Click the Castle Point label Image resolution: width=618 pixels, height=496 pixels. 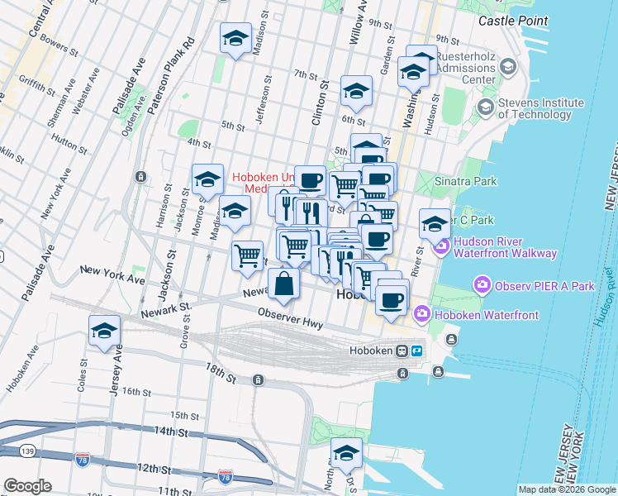[508, 19]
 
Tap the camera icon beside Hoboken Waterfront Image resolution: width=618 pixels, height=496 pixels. [422, 314]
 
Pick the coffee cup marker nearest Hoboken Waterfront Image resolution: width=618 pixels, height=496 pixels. [392, 299]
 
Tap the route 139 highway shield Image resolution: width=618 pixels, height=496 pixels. [8, 451]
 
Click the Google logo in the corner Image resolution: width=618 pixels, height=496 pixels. [27, 486]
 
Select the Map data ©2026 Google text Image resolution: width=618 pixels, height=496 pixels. [566, 489]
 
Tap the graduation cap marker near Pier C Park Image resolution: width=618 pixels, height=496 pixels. [435, 222]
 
